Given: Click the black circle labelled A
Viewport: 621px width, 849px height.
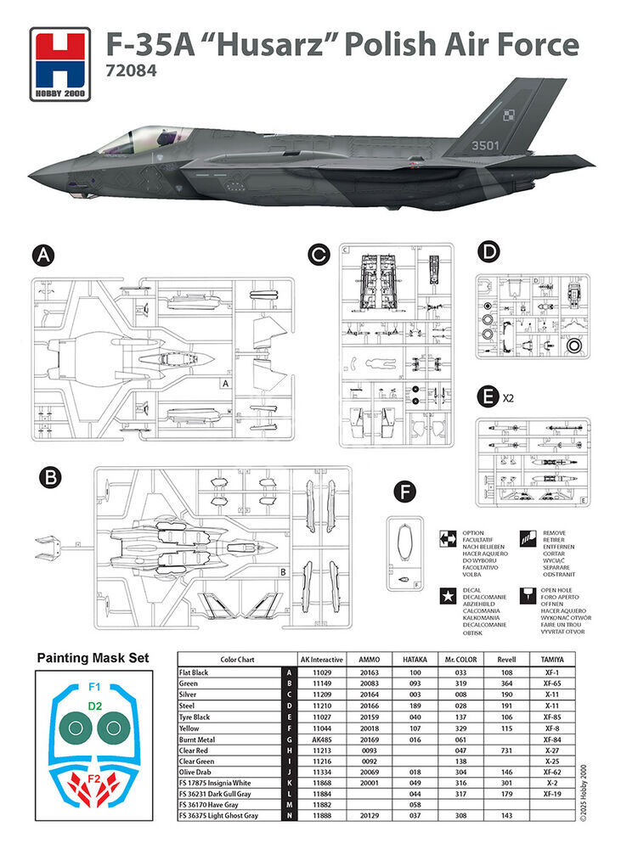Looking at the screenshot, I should coord(41,256).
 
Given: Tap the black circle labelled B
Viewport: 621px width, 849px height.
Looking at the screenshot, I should coord(51,479).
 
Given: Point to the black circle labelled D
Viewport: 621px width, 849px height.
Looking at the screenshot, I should coord(488,252).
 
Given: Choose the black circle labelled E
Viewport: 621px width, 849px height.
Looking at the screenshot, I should coord(488,396).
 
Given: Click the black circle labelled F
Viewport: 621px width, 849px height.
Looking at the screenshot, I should coord(405,492).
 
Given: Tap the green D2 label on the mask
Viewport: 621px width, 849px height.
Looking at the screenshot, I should coord(94,705).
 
